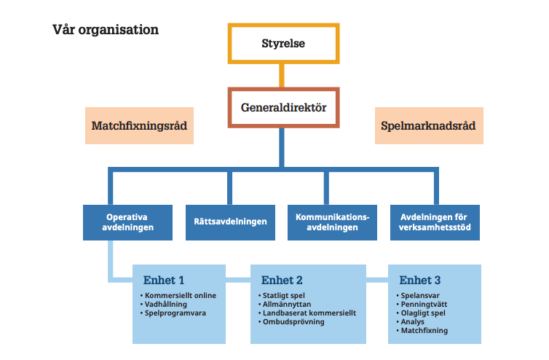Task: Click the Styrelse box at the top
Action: pos(283,44)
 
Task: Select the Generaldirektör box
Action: pos(283,109)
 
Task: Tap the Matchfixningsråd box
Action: pos(139,125)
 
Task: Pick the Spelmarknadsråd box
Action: pos(429,125)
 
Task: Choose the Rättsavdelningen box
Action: pos(230,222)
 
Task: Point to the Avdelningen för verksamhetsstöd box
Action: pos(435,222)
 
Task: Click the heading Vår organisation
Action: pos(106,31)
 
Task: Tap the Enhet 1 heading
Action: pos(164,281)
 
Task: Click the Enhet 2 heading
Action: pos(282,281)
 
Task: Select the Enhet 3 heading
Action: pos(419,281)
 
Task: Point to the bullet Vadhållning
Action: pos(168,304)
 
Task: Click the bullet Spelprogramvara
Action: pos(175,313)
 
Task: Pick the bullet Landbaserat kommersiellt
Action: pos(309,313)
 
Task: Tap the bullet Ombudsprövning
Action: pos(294,321)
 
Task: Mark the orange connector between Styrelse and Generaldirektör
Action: pos(283,76)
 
